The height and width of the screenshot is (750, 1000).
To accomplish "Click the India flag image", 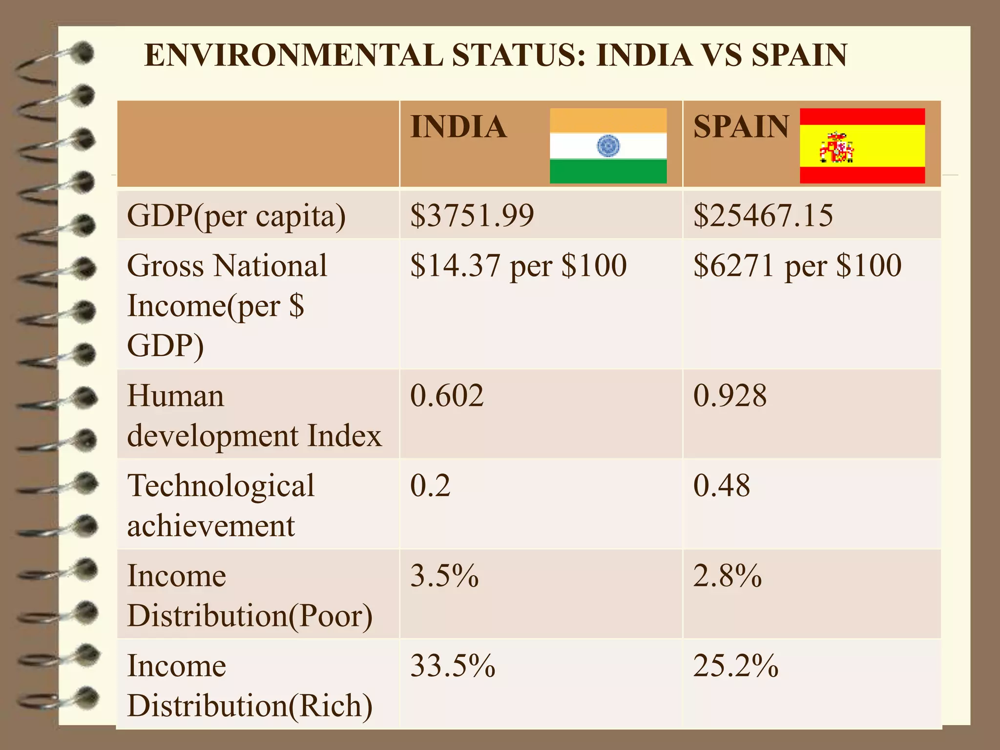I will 608,146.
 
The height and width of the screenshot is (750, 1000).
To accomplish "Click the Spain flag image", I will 862,146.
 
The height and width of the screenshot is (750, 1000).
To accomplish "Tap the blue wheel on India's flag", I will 608,146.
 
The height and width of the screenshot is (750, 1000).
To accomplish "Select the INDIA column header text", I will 458,127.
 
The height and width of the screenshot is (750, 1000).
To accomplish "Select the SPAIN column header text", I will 741,127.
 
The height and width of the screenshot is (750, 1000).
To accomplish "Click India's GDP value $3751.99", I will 472,215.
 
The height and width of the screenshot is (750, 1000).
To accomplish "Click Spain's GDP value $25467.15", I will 763,215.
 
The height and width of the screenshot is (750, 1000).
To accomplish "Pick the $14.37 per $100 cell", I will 518,266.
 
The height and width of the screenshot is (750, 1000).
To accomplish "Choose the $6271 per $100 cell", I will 797,266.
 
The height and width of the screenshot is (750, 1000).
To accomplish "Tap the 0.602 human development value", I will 447,396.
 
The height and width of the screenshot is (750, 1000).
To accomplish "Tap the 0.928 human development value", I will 730,396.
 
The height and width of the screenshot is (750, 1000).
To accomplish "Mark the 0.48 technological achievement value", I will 721,486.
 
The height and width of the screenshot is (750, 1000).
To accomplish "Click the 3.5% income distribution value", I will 444,576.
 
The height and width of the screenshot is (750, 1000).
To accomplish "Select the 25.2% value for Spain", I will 735,666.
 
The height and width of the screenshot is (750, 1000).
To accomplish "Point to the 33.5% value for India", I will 453,666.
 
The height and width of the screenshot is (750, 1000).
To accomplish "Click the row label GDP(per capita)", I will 236,216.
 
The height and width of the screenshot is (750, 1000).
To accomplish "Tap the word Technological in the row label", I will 221,486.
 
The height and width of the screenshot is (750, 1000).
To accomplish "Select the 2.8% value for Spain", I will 727,576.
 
